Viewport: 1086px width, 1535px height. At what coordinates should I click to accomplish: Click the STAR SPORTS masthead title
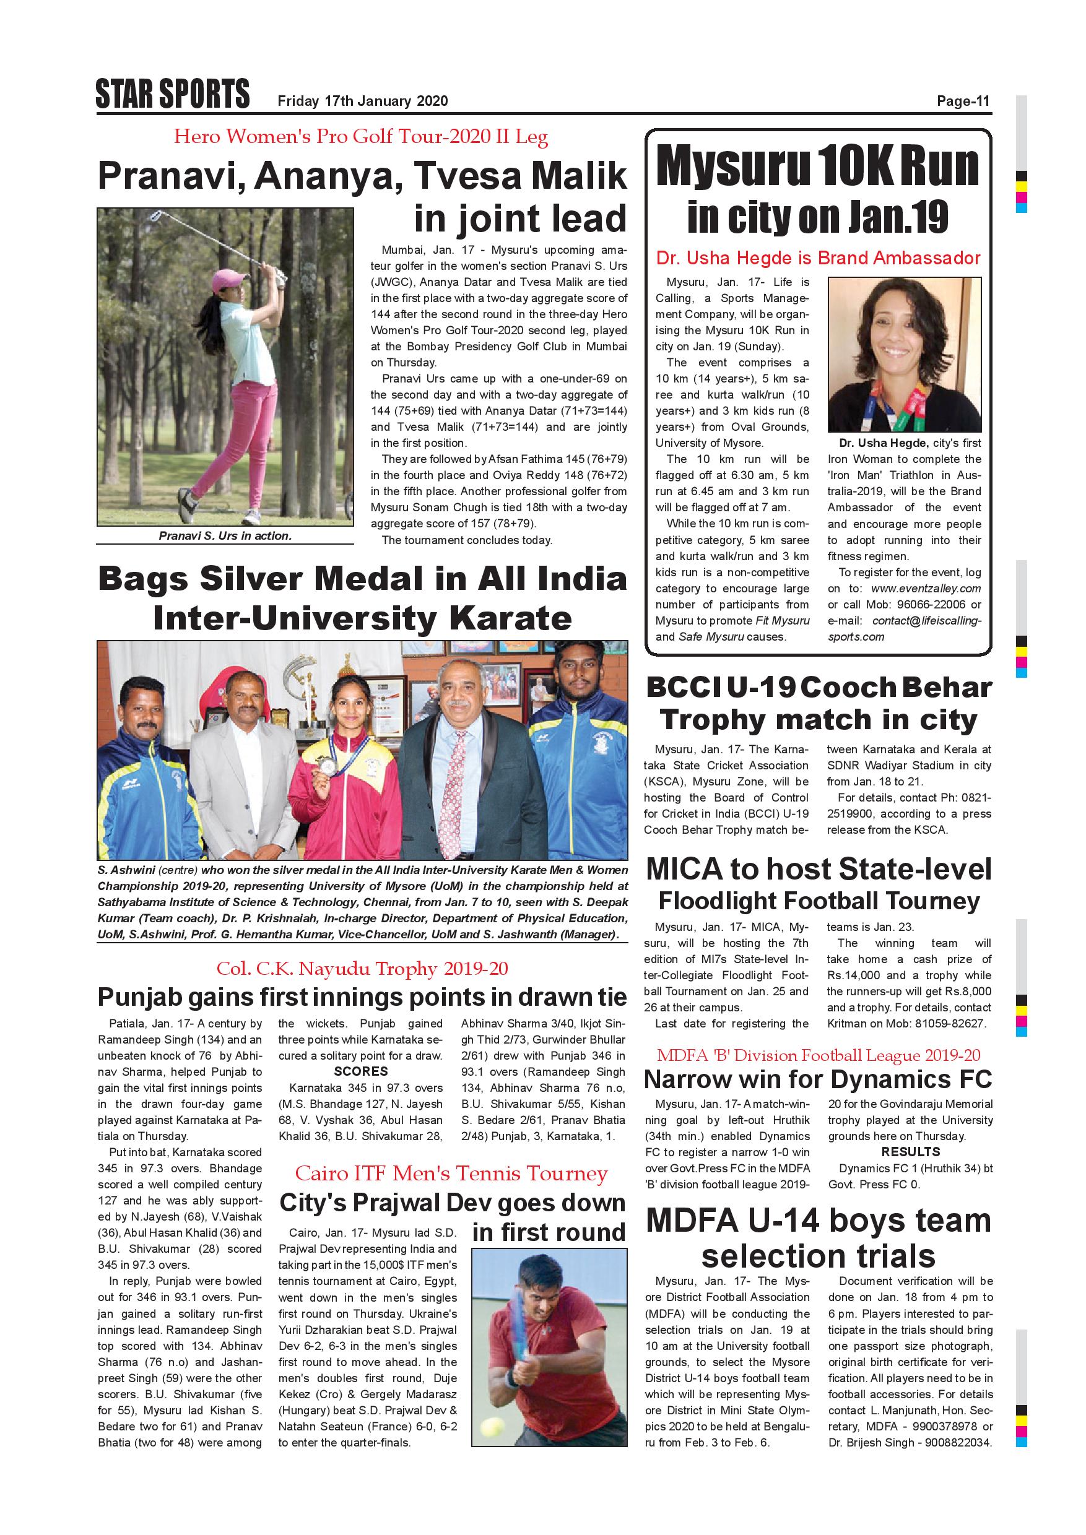(173, 94)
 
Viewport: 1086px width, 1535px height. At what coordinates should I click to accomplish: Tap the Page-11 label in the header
(962, 102)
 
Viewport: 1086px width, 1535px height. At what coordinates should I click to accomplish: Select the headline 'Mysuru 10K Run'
(817, 166)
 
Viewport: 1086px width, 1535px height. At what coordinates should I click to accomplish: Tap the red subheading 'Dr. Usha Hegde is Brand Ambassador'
(818, 258)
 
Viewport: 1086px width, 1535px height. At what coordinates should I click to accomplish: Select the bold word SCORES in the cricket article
(361, 1071)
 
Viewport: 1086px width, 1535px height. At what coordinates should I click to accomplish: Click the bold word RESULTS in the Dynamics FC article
(910, 1152)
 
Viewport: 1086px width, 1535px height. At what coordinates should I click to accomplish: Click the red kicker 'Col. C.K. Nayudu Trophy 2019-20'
(362, 968)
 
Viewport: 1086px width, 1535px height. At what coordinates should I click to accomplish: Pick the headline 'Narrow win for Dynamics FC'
(817, 1079)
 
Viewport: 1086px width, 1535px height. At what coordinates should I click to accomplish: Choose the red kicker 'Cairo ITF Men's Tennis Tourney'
(451, 1174)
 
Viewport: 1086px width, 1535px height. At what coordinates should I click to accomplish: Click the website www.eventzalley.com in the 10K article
(926, 589)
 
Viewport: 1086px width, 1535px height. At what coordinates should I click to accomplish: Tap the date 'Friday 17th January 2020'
(362, 102)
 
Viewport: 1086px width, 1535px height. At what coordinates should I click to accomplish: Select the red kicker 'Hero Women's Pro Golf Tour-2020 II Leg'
(360, 137)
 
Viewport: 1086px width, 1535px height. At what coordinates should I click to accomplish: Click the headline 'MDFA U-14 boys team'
(818, 1221)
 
